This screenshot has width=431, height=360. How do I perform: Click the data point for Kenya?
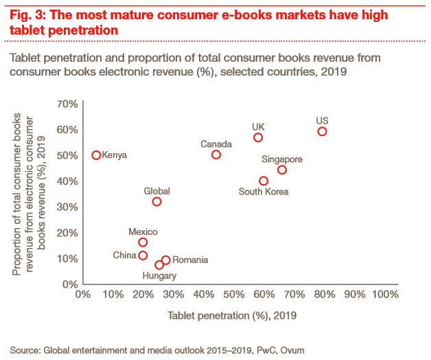tap(97, 155)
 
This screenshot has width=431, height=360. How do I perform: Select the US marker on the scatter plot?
tap(322, 131)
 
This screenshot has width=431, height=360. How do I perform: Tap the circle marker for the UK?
tap(258, 137)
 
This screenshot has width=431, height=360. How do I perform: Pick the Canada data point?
tap(216, 155)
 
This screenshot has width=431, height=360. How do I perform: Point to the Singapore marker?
tap(282, 170)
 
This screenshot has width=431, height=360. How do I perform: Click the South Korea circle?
tap(264, 181)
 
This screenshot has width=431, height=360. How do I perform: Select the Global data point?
tap(156, 201)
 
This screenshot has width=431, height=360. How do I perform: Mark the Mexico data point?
tap(143, 242)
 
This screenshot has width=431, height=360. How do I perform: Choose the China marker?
tap(143, 256)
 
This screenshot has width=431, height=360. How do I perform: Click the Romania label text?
tap(190, 260)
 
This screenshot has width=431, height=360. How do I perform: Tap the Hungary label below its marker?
tap(160, 275)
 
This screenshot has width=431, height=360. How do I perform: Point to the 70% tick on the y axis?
tap(66, 104)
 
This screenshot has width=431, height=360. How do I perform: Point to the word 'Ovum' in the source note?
tap(292, 350)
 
